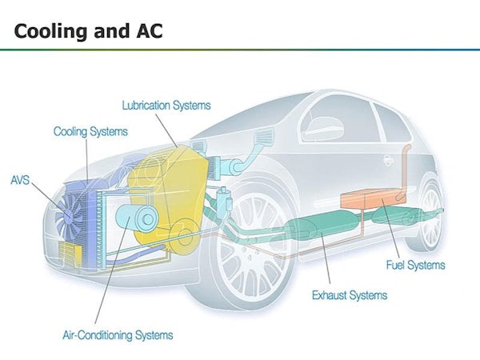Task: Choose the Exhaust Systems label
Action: tap(349, 295)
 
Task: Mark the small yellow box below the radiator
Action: tap(70, 254)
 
